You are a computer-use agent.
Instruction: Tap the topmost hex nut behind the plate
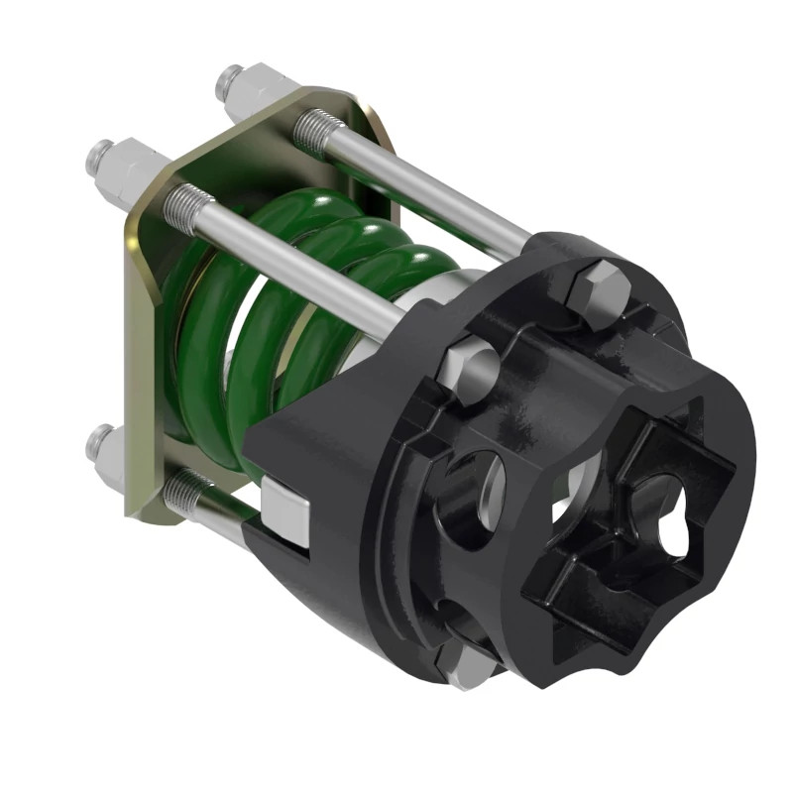[x=242, y=84]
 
